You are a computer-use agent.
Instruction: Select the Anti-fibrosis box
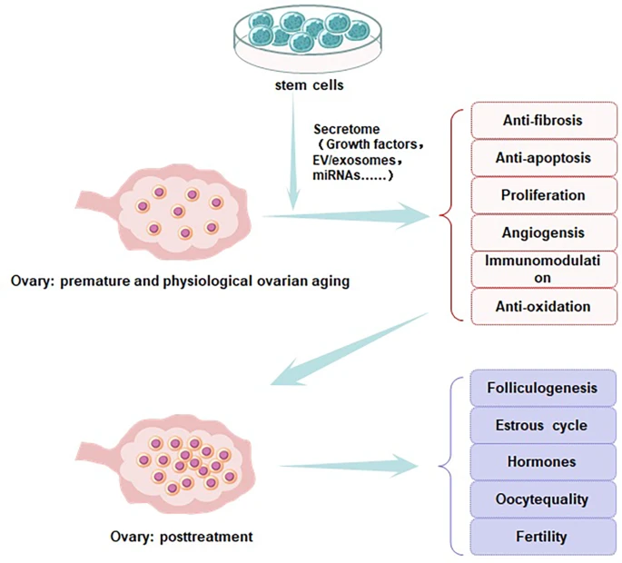pos(543,120)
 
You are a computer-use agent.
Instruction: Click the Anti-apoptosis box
pos(543,157)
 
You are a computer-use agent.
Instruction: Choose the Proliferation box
pos(543,194)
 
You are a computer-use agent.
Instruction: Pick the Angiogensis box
pos(543,232)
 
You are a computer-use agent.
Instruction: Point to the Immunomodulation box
pos(543,269)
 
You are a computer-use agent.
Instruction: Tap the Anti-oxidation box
pos(543,306)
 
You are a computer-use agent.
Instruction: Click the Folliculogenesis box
pos(543,388)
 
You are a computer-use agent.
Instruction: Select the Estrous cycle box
pos(543,425)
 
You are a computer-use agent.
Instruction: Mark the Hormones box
pos(543,462)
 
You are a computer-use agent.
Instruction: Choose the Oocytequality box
pos(543,499)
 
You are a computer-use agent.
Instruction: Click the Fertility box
pos(543,537)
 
